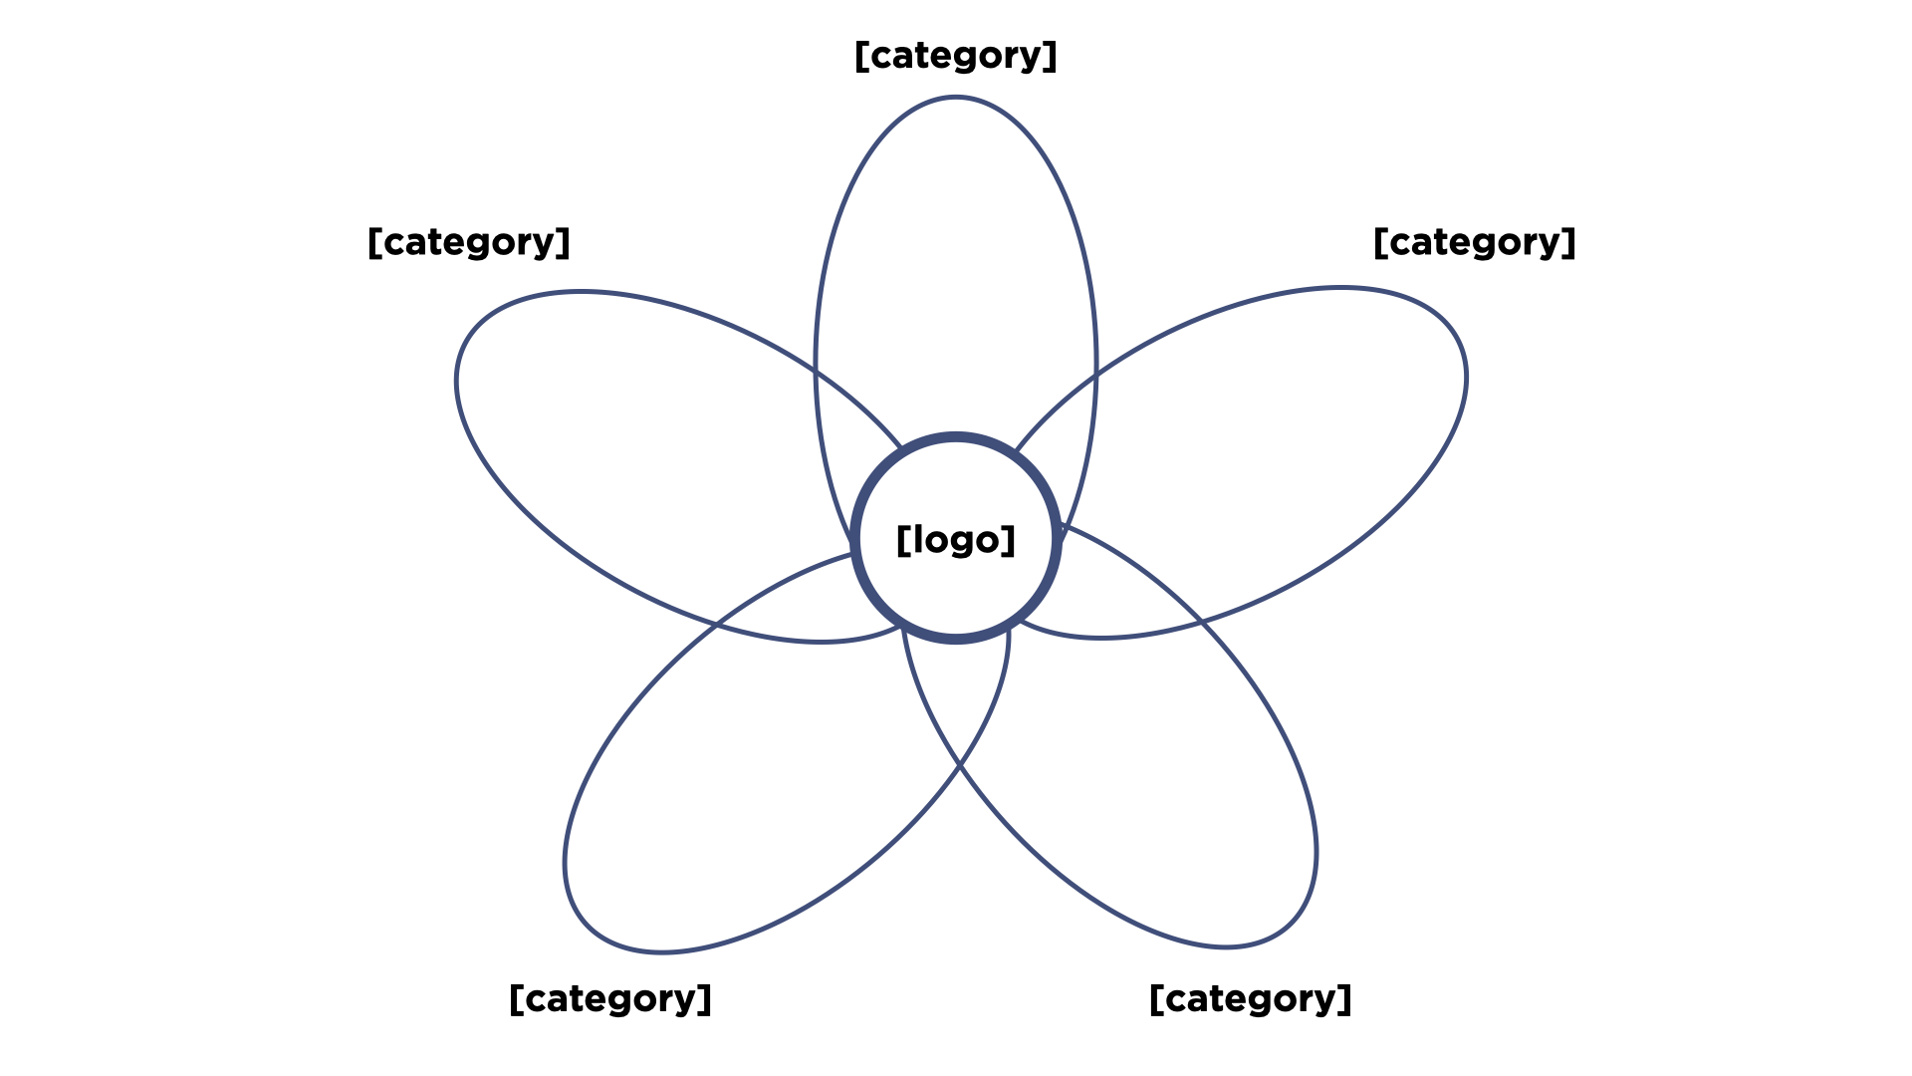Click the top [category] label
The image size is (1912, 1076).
pos(956,56)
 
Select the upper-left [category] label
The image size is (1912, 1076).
pos(469,242)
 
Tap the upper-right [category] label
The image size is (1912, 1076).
pos(1474,242)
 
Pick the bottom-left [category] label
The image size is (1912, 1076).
pos(610,998)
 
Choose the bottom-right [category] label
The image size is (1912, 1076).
pos(1251,998)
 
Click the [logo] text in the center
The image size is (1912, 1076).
pos(956,539)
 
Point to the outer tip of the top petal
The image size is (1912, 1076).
pos(956,98)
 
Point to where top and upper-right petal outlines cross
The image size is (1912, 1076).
pos(1095,376)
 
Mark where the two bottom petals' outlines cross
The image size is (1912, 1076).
pos(959,765)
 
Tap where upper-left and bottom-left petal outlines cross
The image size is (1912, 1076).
pos(716,626)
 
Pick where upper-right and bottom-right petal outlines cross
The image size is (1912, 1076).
pos(1201,621)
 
